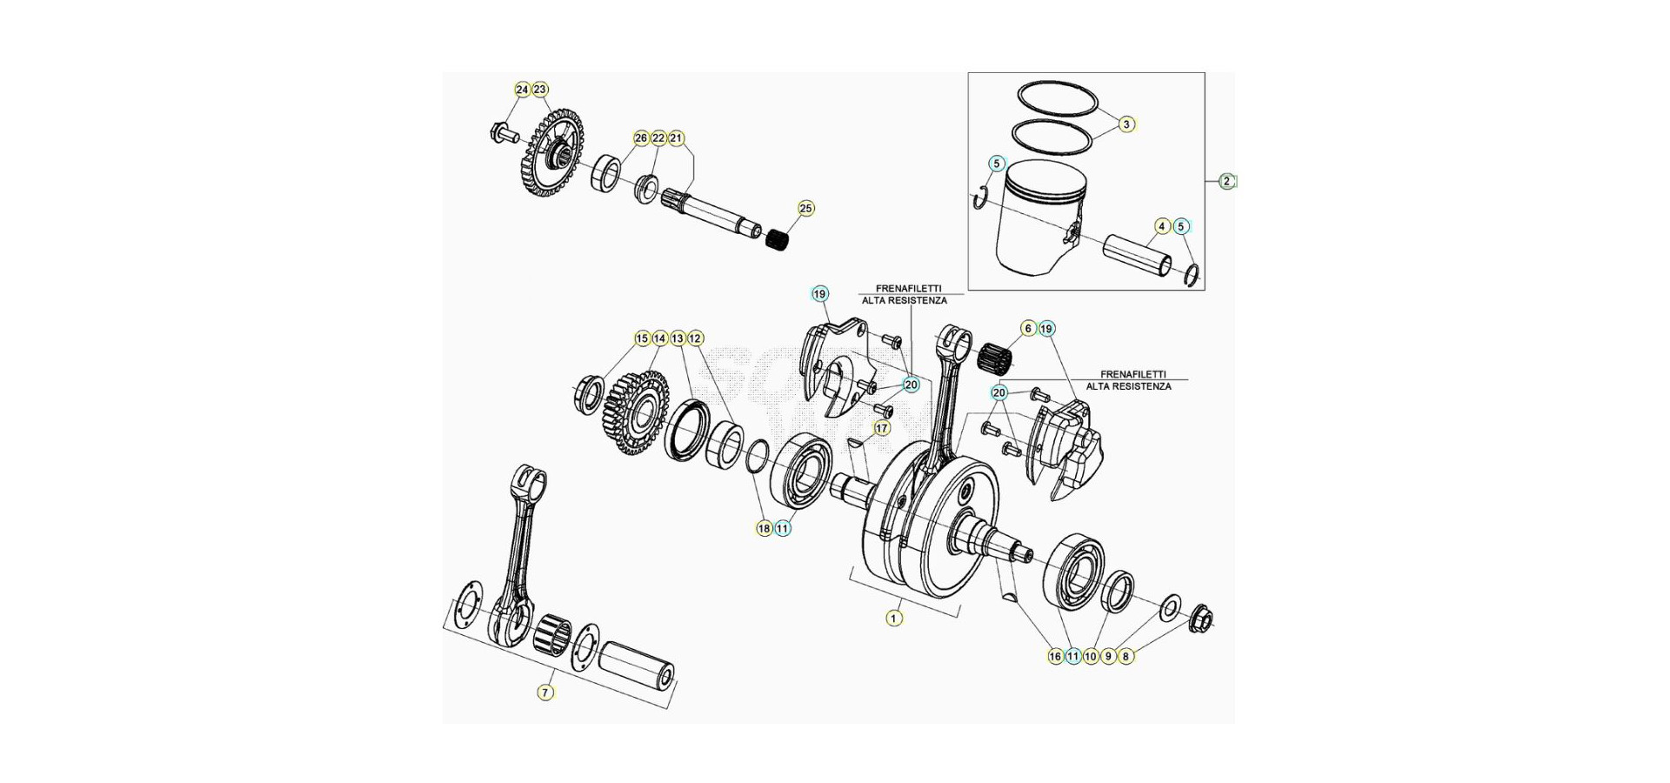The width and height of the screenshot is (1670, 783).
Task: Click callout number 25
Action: click(806, 209)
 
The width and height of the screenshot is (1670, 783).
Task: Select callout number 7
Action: click(545, 693)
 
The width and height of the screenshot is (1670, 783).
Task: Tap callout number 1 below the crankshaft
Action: click(894, 619)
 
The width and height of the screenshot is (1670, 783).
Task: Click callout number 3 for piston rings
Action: click(1126, 124)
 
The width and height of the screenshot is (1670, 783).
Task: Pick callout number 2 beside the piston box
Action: click(1226, 182)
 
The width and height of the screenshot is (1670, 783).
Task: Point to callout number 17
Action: click(882, 428)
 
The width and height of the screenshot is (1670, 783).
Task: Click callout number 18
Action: click(764, 528)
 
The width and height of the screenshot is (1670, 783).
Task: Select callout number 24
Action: click(522, 90)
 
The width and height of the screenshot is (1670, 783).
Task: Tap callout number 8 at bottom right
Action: click(1126, 657)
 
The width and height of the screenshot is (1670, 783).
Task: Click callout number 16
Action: click(1055, 657)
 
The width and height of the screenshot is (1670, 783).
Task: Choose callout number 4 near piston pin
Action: click(1162, 226)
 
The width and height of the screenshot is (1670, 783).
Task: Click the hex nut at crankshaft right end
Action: click(1200, 619)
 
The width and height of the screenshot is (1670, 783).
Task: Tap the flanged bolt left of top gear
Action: click(502, 134)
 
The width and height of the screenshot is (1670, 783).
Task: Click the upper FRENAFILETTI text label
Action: click(907, 289)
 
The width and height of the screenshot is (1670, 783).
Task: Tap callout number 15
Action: click(642, 338)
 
